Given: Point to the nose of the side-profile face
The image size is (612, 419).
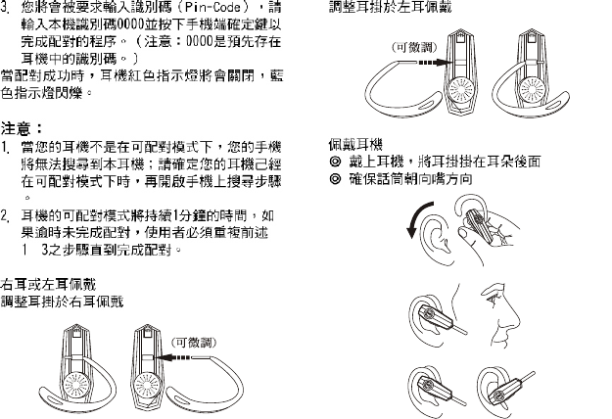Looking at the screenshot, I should click(519, 316).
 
